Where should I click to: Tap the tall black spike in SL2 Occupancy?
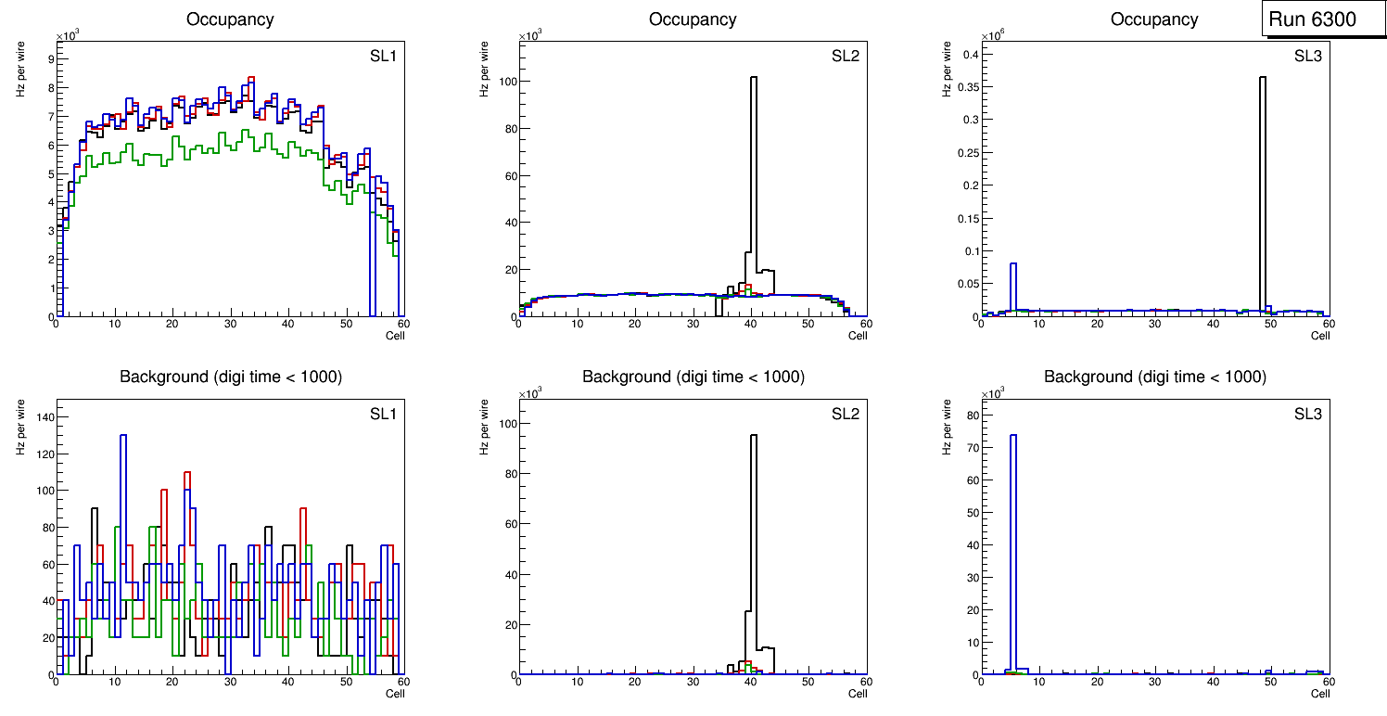754,185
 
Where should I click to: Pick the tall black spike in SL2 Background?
754,538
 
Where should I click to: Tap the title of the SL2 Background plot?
693,377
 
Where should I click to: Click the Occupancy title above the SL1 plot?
230,19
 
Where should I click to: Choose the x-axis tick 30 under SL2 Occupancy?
693,324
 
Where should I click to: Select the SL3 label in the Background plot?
1308,413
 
